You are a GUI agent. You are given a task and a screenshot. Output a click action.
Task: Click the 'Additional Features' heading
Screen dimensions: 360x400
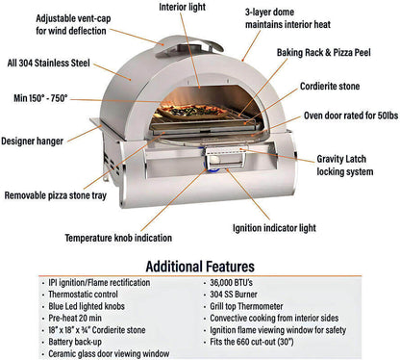(200, 265)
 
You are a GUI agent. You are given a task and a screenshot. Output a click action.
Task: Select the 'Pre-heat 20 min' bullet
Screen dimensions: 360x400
(78, 316)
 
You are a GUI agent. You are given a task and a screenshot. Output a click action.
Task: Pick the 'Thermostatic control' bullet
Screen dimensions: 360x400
(86, 294)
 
